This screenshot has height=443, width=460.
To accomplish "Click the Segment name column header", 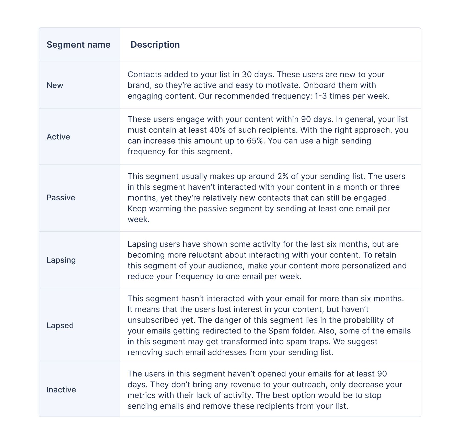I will point(78,45).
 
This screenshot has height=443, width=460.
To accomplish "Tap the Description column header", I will point(155,45).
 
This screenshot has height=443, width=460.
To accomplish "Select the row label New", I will point(55,85).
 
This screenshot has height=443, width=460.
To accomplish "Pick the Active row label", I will point(58,137).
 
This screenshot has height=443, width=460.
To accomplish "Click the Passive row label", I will point(61,198).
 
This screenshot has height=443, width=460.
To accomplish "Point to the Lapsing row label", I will point(61,260).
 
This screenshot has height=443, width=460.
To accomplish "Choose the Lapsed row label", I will point(60,326).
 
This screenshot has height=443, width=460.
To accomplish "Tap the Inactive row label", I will point(61,390).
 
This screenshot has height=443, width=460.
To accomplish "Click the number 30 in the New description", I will point(247,74).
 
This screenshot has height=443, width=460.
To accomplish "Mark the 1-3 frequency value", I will point(320,96).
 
